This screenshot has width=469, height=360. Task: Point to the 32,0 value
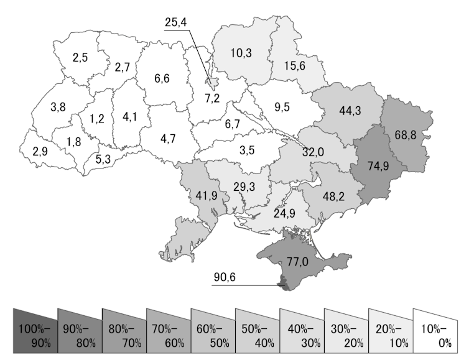(313, 152)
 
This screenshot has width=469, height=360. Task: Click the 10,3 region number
(241, 53)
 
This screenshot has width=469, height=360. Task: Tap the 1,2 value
(96, 118)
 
